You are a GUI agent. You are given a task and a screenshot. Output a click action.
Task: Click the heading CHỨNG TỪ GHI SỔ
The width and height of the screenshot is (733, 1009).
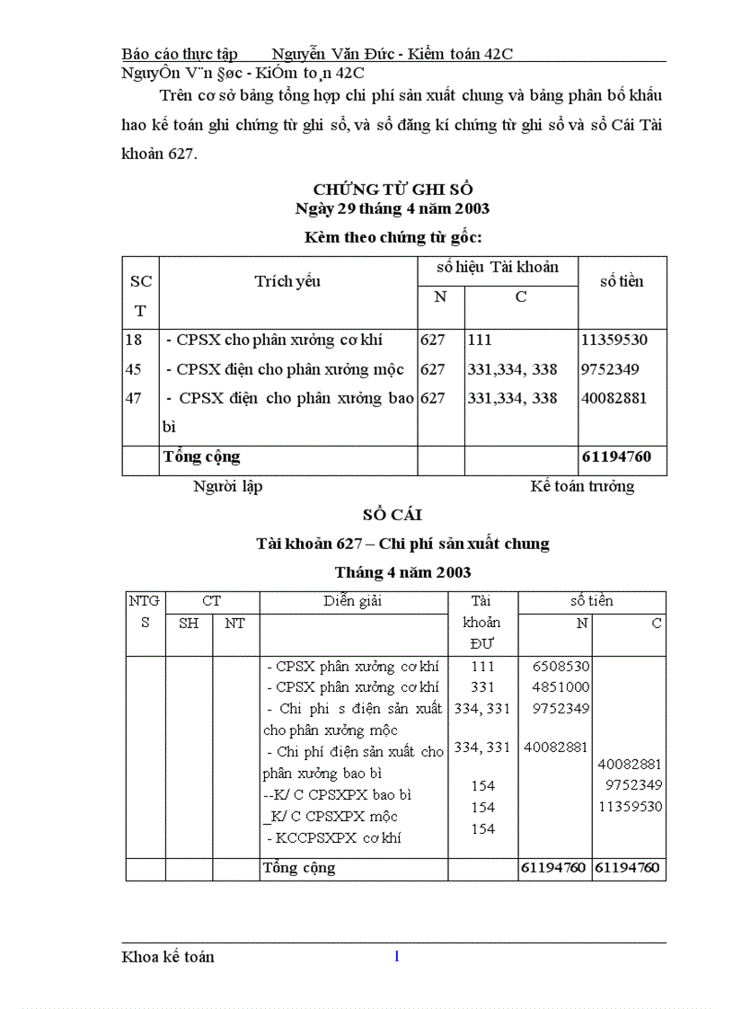point(393,189)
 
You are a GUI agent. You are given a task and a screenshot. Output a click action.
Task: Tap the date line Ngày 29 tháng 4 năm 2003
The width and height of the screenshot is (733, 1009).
point(393,208)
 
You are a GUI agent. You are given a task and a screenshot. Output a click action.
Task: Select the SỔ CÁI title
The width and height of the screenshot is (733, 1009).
point(393,515)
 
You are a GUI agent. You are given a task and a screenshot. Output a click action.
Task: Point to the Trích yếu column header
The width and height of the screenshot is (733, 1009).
point(287,281)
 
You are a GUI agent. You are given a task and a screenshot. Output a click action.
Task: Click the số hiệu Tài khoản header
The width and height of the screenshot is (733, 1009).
point(498,267)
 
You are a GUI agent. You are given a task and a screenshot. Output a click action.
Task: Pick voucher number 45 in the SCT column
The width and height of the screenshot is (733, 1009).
point(133,369)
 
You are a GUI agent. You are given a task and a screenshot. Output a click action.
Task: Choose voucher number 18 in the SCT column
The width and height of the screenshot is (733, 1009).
point(133,340)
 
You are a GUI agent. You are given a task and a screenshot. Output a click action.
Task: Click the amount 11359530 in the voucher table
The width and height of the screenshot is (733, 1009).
point(614,340)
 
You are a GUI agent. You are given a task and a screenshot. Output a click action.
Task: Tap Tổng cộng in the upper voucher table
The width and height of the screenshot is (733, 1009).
point(202,456)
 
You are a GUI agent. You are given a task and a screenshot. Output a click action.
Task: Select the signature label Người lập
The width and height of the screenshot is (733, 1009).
point(227,486)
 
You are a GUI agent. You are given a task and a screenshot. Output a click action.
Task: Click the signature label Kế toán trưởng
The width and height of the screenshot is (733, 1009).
point(582,486)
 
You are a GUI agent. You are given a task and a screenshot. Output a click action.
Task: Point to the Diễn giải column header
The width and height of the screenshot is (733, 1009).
point(353,601)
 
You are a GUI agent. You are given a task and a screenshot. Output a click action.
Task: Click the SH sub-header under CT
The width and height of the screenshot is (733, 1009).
point(189,623)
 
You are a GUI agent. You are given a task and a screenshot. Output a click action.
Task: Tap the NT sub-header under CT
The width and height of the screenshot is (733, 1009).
point(235,623)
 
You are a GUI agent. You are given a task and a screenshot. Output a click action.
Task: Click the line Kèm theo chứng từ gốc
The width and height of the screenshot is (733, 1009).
point(393,237)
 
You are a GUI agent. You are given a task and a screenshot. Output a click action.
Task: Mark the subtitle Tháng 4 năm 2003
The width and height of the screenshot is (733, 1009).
point(402,572)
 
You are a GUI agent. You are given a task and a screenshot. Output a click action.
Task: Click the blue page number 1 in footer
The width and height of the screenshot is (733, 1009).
point(396,956)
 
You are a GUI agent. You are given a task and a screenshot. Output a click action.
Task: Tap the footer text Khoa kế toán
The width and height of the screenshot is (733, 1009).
point(168,957)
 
